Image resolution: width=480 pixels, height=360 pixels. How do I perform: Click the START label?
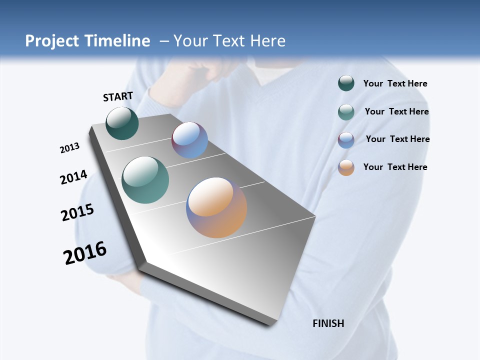tap(118, 96)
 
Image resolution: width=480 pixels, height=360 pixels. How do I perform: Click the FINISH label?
tap(328, 323)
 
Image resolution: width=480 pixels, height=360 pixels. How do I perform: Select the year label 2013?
tap(69, 148)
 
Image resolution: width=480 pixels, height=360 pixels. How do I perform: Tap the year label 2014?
tap(73, 177)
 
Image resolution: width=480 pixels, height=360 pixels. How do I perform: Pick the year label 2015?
tap(77, 212)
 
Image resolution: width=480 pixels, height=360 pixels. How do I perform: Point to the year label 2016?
tap(85, 252)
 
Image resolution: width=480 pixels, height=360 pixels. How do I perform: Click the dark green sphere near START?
tap(122, 123)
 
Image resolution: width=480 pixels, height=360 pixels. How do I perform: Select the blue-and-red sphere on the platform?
tap(189, 140)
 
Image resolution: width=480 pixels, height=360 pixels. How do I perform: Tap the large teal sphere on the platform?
tap(145, 180)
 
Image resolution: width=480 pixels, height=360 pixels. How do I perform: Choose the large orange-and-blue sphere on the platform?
tap(216, 207)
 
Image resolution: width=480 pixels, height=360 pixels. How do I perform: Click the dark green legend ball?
tap(346, 83)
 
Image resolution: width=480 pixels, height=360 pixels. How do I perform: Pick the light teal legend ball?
tap(346, 112)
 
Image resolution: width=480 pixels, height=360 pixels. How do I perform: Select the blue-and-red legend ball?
tap(346, 140)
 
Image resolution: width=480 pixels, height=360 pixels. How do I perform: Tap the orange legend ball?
tap(346, 168)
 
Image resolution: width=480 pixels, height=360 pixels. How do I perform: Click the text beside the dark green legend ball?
tap(395, 84)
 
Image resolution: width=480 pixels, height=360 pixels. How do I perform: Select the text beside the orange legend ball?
tap(395, 167)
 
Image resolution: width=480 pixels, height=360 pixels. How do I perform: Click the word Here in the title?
tap(268, 41)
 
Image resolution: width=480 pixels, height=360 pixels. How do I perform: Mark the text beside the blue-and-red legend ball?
tap(397, 139)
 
